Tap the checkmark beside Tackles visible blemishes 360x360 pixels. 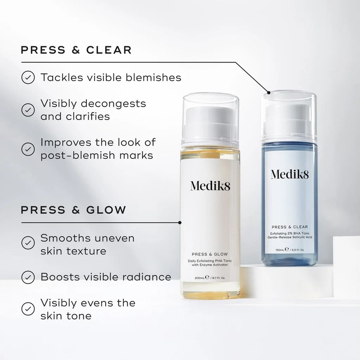pos(28,77)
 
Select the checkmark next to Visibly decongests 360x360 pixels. pos(28,109)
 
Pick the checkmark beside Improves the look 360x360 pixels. pos(28,148)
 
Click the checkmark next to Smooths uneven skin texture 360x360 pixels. pos(28,243)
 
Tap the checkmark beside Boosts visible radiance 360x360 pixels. pos(28,276)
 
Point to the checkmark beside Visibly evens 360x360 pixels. pos(28,309)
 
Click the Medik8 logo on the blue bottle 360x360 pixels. pos(292,175)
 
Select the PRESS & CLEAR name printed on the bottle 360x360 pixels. pos(292,227)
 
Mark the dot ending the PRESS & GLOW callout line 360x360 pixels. pos(180,221)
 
